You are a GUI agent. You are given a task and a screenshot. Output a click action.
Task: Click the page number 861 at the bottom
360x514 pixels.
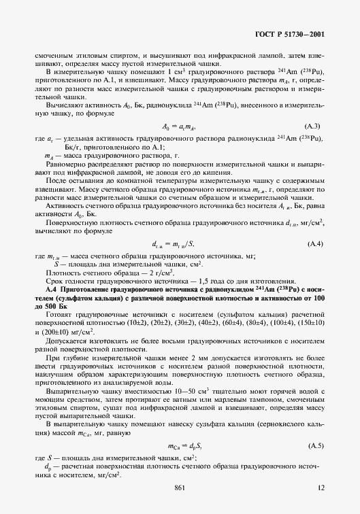click(x=180, y=487)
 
